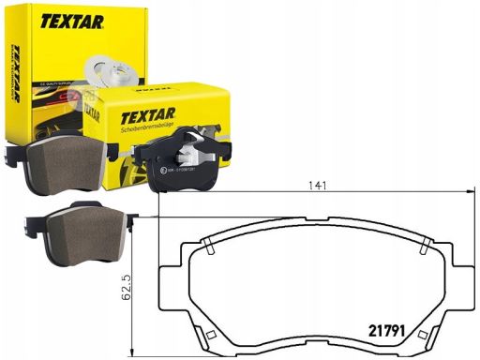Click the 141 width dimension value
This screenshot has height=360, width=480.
pos(320,186)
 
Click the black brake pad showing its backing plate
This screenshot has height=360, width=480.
pos(191,165)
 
